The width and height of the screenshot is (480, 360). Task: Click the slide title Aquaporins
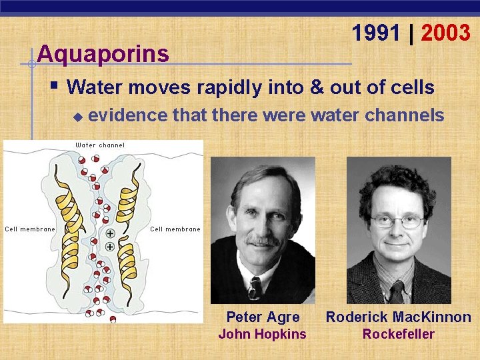(103, 53)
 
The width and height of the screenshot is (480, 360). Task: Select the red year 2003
(445, 33)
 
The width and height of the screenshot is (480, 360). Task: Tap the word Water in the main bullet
(94, 87)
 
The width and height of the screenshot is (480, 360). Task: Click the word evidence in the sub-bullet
(127, 115)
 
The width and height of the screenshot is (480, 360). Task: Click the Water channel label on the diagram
(100, 145)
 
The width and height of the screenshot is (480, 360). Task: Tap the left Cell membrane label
(30, 229)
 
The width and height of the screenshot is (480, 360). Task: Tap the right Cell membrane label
(175, 229)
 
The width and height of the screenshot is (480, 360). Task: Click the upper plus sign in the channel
(109, 234)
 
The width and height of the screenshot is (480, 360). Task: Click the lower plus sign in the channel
(109, 247)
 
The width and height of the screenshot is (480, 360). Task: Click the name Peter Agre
(263, 317)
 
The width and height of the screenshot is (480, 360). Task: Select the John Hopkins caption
(263, 334)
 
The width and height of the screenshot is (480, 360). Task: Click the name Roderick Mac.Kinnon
(398, 317)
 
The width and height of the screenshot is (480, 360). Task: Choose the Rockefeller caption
(398, 334)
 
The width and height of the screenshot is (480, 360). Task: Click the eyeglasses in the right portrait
(397, 221)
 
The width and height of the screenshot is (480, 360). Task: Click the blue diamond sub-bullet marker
(77, 117)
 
